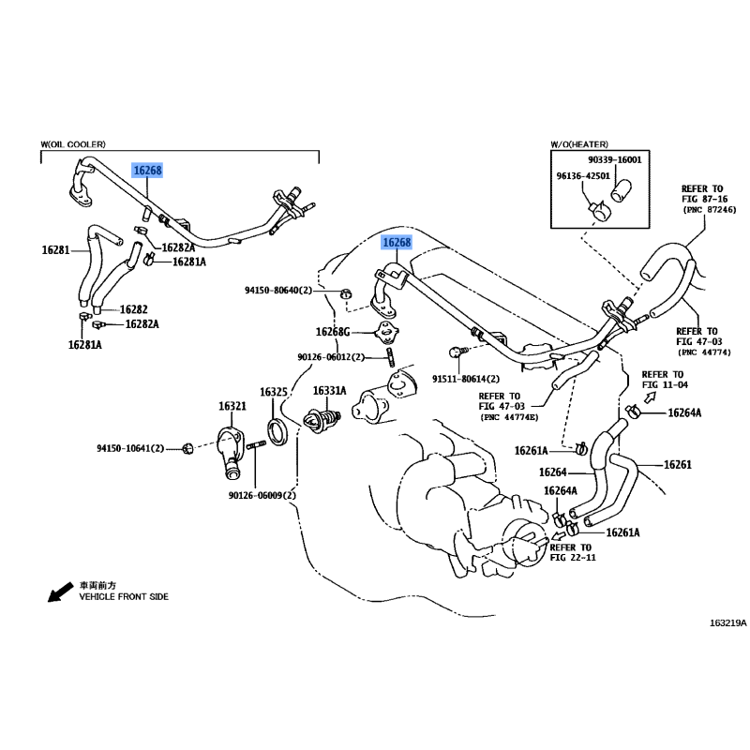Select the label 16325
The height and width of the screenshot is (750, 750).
[273, 391]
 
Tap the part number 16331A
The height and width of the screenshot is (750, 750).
[329, 391]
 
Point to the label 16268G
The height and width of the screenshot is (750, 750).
[332, 331]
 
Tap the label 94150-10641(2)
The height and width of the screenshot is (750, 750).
[129, 449]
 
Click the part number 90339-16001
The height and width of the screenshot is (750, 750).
[614, 160]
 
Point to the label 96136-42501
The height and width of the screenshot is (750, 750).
[585, 175]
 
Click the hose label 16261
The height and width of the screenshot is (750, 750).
[677, 464]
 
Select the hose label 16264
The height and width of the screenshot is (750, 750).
[552, 472]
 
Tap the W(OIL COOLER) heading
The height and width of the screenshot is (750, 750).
[73, 143]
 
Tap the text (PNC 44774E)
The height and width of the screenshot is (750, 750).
[512, 417]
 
